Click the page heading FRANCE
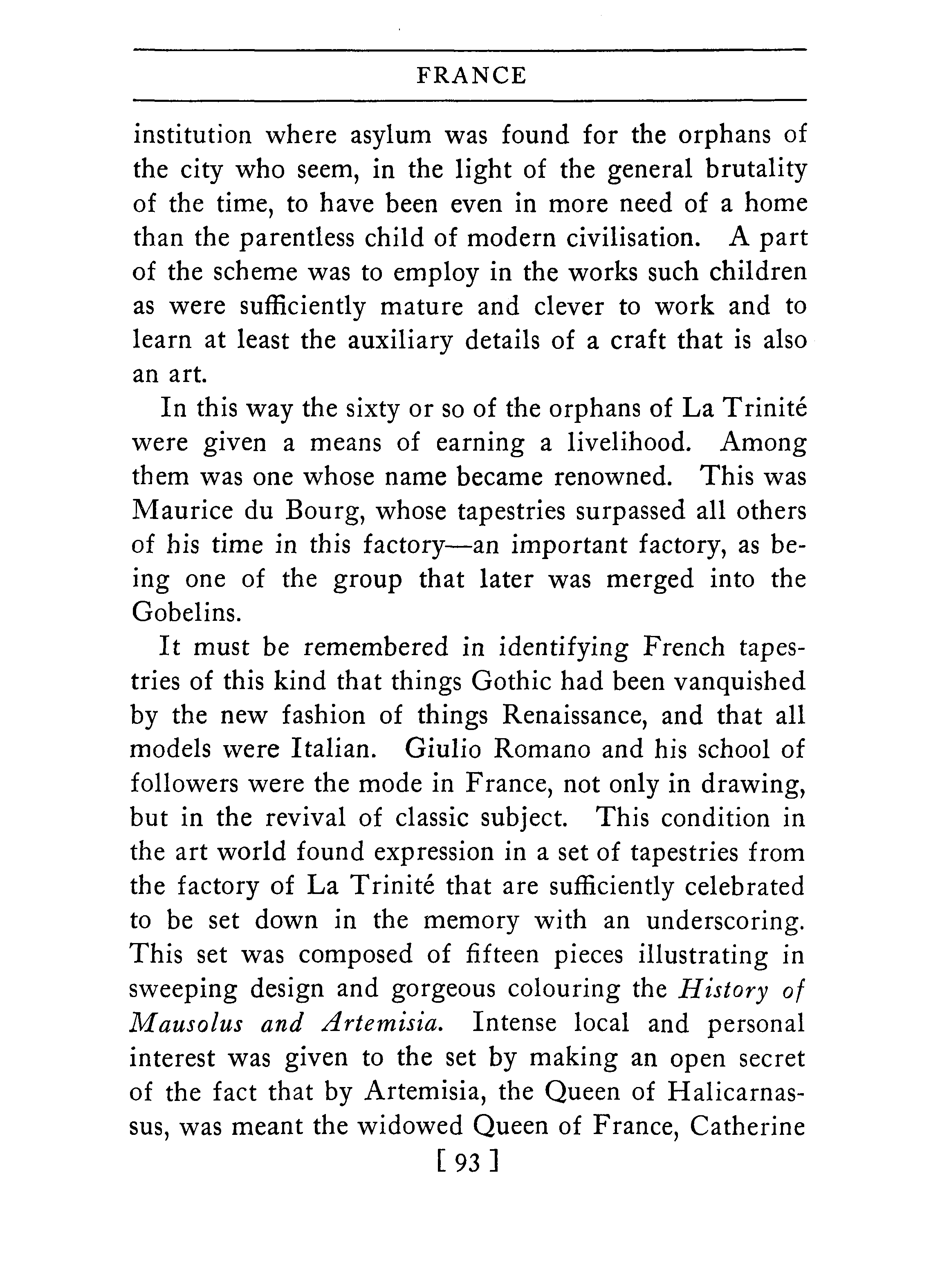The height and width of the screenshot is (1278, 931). (x=471, y=76)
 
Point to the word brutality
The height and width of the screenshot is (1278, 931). (x=756, y=170)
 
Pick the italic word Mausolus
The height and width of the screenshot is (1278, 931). (x=186, y=1023)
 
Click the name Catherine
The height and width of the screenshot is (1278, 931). (x=747, y=1126)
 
